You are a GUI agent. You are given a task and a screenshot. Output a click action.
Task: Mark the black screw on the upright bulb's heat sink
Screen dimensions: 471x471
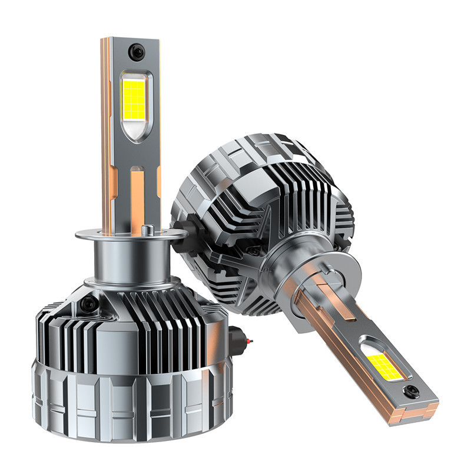[x=89, y=304]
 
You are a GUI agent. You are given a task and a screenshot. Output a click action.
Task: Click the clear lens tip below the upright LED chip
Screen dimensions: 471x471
[x=135, y=130]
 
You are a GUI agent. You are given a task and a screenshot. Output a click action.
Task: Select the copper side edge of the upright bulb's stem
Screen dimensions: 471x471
[x=106, y=135]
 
